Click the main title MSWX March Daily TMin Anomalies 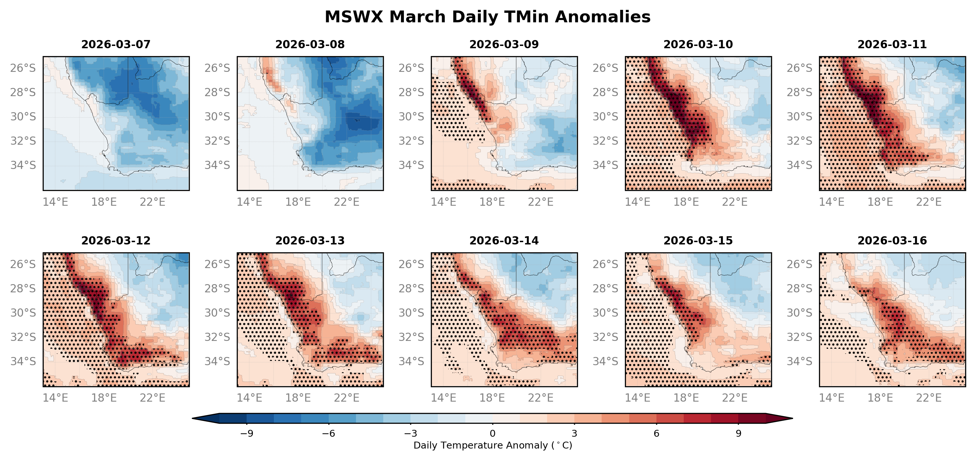[487, 17]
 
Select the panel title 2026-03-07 [116, 44]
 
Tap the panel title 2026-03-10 [698, 44]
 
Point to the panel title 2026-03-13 [310, 241]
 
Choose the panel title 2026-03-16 [892, 241]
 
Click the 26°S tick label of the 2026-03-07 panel [23, 68]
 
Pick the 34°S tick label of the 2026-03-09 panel [411, 165]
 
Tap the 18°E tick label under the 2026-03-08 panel [298, 202]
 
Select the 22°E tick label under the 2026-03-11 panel [928, 202]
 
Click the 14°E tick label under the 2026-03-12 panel [55, 398]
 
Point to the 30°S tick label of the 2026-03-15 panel [605, 313]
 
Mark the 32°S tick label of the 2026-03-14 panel [411, 337]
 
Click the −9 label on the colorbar [247, 433]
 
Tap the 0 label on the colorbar [492, 433]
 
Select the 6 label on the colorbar [656, 433]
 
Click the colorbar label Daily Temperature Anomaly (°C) [492, 446]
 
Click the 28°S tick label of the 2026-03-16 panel [799, 288]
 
